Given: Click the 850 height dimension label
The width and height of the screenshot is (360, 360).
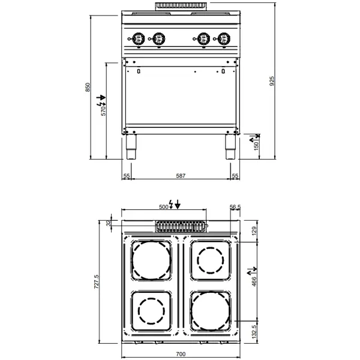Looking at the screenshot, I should click(88, 87).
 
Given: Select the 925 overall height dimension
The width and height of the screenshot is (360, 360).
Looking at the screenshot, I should click(273, 82).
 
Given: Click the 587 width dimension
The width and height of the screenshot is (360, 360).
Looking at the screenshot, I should click(181, 176).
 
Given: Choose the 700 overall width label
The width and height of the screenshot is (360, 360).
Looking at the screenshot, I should click(181, 355).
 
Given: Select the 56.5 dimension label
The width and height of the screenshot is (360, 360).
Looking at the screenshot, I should click(235, 207).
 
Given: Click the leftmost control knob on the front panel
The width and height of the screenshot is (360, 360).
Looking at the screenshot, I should click(137, 38).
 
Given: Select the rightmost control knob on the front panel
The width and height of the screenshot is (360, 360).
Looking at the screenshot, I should click(224, 38).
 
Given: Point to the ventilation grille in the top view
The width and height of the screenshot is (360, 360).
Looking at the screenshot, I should click(180, 226).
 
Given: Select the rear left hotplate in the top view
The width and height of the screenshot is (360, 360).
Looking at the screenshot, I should click(151, 261).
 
